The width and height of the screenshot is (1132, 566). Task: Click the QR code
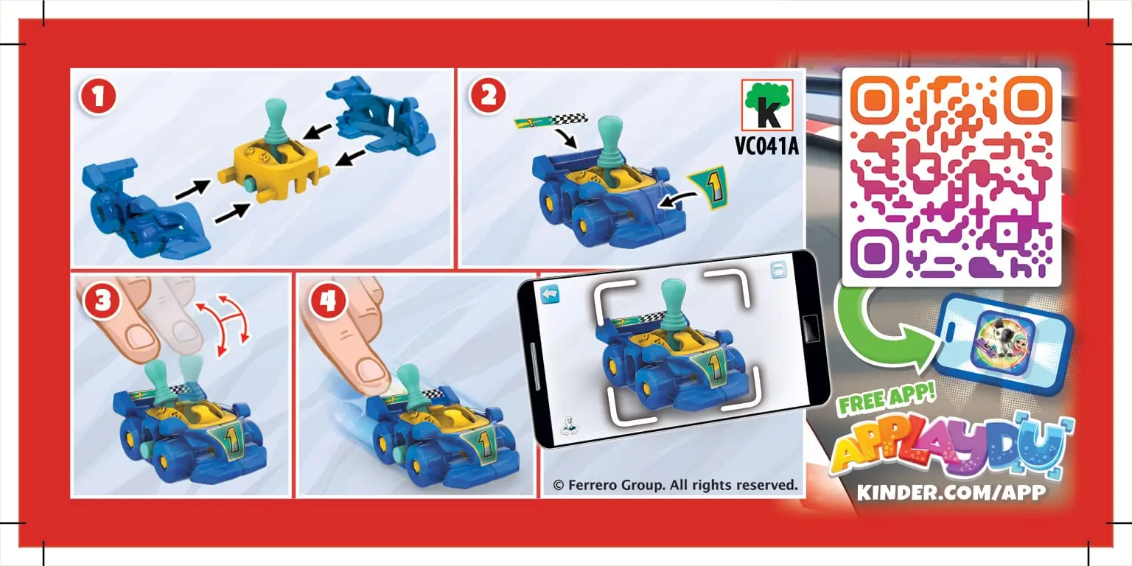[951, 177]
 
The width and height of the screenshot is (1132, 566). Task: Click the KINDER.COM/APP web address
[951, 492]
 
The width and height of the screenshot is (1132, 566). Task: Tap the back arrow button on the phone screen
[550, 295]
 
